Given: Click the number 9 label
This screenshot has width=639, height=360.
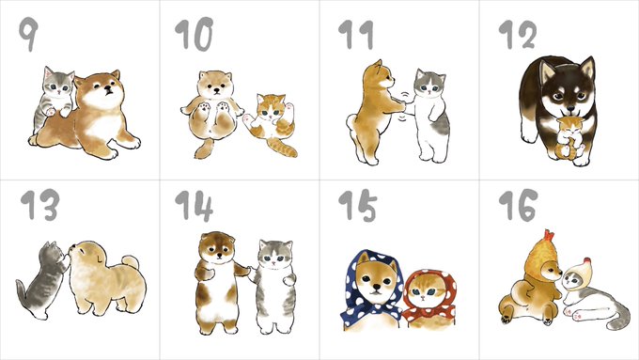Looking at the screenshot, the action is (28, 34).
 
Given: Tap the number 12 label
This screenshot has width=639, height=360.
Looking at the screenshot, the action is (517, 35).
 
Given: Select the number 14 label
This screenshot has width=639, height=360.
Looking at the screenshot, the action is (194, 205).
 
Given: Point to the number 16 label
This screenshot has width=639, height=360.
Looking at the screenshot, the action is (518, 205).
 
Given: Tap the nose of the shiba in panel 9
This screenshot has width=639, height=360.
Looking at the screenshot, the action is (107, 89).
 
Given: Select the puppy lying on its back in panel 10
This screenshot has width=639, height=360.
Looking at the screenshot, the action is (211, 112).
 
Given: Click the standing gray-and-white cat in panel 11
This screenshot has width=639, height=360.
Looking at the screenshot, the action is (429, 116).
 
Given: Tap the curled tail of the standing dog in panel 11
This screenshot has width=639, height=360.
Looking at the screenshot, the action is (351, 122).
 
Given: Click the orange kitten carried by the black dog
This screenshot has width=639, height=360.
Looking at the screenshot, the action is (569, 138).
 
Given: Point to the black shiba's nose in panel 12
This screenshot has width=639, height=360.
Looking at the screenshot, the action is (570, 109).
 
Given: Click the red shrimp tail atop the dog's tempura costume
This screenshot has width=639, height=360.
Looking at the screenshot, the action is (549, 235).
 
